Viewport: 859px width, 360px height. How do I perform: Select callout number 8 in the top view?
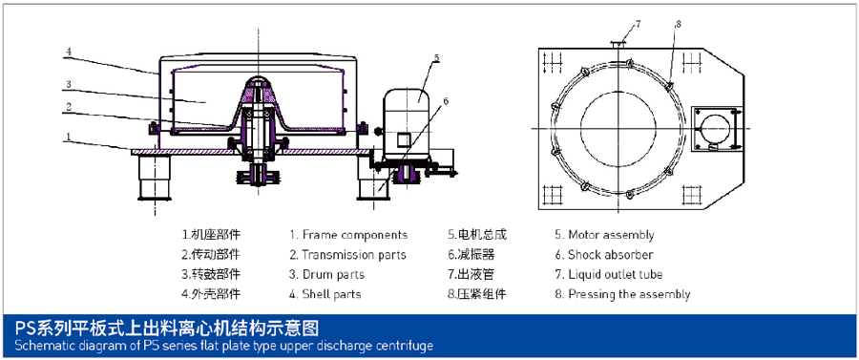coord(678,24)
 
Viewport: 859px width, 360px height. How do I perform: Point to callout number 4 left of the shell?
coord(69,53)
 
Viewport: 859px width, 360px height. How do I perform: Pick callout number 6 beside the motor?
coord(446,100)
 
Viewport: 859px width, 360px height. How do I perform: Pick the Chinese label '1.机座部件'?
coord(211,235)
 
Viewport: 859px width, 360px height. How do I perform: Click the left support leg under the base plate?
coord(155,178)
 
